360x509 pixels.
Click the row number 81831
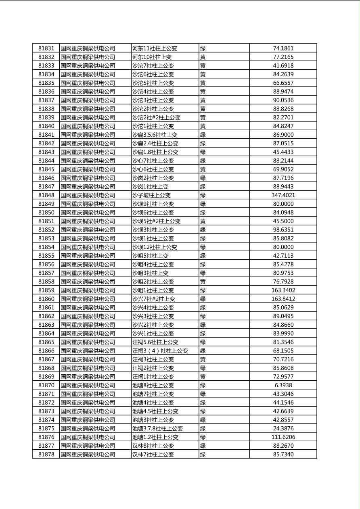[x=46, y=48]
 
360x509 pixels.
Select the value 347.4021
[x=283, y=195]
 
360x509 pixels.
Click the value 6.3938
[x=283, y=385]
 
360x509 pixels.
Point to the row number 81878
[x=46, y=455]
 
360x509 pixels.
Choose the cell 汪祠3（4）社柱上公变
[x=160, y=351]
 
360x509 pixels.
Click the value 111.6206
[x=283, y=437]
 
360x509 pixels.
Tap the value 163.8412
[x=283, y=299]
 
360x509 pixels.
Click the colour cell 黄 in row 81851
[x=203, y=221]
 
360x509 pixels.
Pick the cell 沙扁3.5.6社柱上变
[x=155, y=135]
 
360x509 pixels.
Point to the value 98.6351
[x=283, y=230]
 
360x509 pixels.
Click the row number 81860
[x=46, y=299]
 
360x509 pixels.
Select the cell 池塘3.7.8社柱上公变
[x=158, y=428]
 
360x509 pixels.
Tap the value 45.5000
[x=283, y=221]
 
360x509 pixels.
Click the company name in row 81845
[x=88, y=169]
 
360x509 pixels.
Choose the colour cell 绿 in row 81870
[x=203, y=385]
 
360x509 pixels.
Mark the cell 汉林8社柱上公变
[x=153, y=446]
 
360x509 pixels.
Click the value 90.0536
[x=283, y=100]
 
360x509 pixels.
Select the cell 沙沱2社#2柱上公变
[x=157, y=117]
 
